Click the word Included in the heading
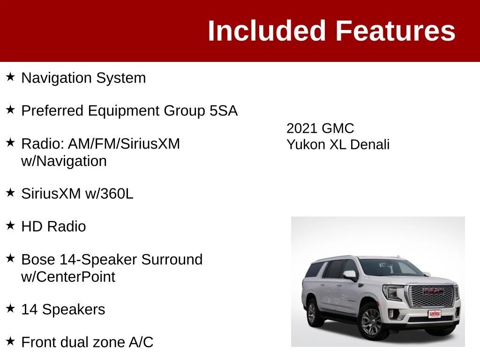point(266,30)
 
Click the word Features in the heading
point(396,30)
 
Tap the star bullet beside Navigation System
point(10,77)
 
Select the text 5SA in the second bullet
point(224,111)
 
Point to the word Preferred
point(52,111)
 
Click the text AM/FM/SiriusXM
point(124,143)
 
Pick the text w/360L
point(109,194)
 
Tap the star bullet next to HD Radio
point(10,225)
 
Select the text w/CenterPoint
point(68,277)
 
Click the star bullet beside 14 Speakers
point(10,308)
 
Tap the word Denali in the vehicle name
point(370,144)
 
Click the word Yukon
point(306,144)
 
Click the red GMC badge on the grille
point(433,291)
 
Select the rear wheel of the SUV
point(312,313)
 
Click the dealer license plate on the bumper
point(435,314)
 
